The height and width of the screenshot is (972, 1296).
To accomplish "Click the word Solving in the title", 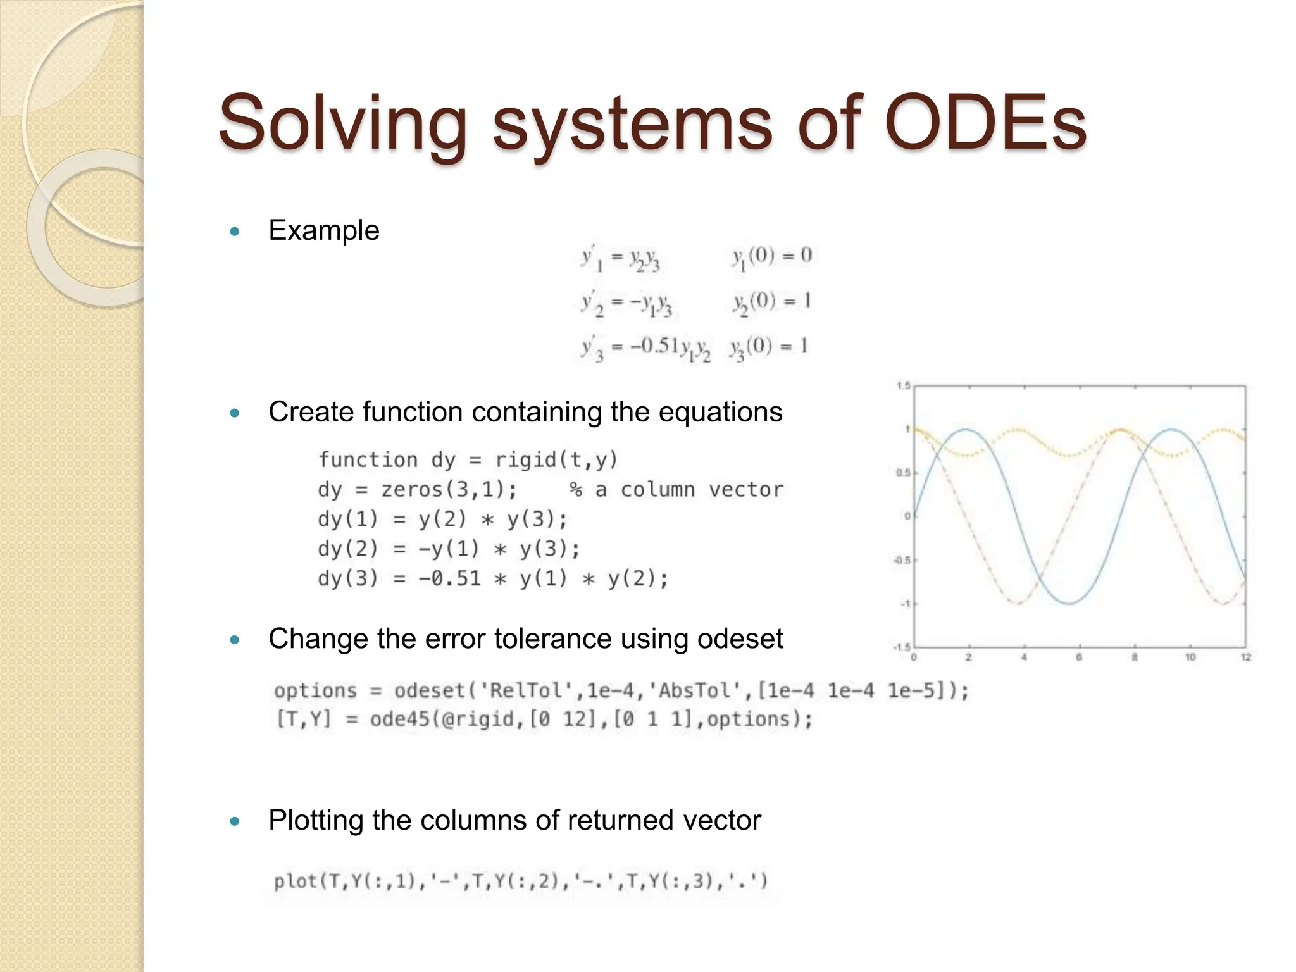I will [342, 123].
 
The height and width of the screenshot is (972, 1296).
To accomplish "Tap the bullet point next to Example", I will [235, 232].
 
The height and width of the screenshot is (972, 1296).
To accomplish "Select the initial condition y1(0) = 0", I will [772, 256].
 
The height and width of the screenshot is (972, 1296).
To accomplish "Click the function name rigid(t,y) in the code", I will [556, 459].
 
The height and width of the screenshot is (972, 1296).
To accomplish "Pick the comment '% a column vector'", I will [676, 489].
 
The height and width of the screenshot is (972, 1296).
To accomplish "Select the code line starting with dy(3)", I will [492, 578].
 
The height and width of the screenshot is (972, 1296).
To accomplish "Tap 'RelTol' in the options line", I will [530, 690].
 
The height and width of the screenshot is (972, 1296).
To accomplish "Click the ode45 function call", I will [400, 720].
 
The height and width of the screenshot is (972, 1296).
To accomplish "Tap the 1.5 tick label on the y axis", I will [903, 386].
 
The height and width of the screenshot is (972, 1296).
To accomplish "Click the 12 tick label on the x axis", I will [1245, 657].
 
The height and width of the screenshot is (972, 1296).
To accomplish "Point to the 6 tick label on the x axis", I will [1079, 657].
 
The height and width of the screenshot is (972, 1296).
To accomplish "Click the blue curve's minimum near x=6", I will [1069, 603].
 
